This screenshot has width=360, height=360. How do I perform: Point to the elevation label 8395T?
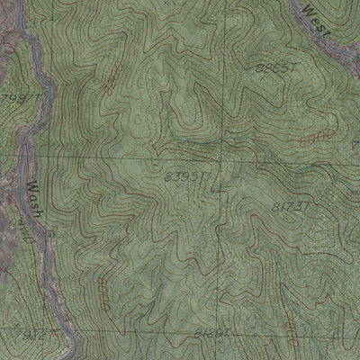click(x=184, y=177)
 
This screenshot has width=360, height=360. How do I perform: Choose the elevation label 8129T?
click(x=212, y=332)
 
